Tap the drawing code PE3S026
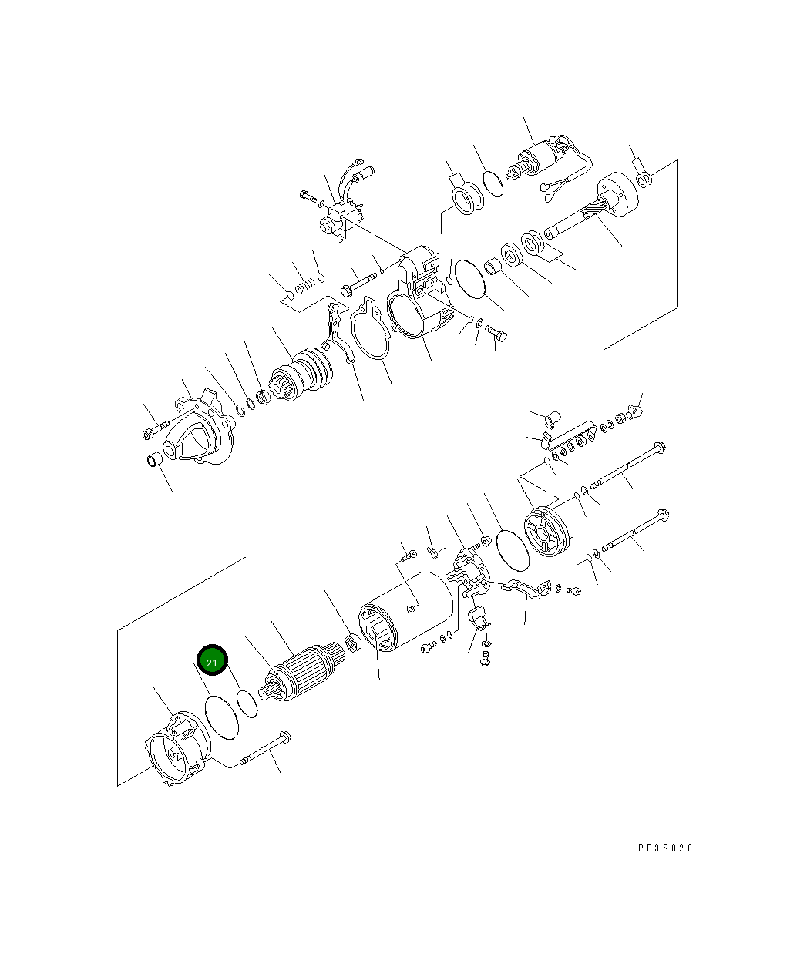tap(666, 848)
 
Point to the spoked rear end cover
tap(546, 531)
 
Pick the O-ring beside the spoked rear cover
tap(512, 548)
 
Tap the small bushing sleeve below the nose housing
tap(154, 460)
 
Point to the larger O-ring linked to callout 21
tap(222, 717)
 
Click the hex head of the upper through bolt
tap(658, 446)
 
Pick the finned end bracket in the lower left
tap(177, 749)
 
